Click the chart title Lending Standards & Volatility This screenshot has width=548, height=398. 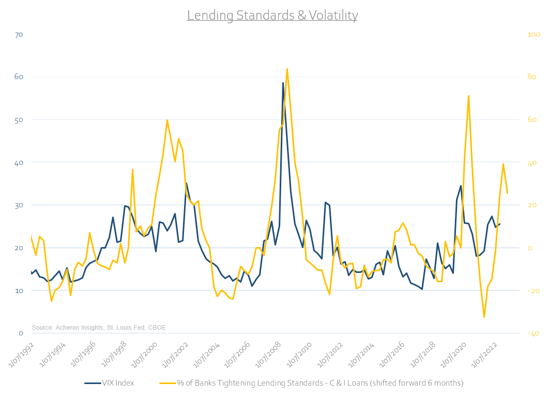[272, 16]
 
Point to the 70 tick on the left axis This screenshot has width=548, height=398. [19, 35]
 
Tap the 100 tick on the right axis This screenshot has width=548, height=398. [532, 35]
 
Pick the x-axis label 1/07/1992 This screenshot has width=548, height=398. [20, 353]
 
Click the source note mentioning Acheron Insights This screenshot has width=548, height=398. [99, 327]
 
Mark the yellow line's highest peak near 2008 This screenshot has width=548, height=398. [287, 69]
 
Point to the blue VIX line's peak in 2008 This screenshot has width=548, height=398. [283, 83]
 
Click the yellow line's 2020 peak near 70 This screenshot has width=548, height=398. [468, 96]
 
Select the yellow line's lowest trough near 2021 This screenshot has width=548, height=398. [484, 317]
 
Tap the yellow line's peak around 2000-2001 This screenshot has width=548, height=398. [167, 120]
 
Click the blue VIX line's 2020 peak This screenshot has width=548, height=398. [461, 186]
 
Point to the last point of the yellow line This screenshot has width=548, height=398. [507, 193]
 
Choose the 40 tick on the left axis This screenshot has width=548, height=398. [19, 162]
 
